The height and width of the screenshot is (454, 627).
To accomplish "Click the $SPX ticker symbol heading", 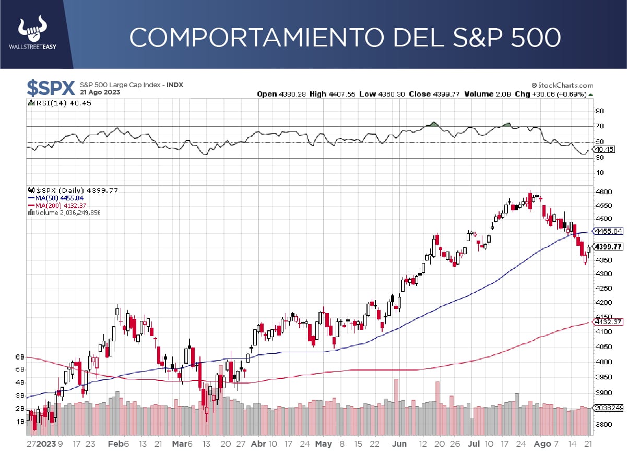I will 51,87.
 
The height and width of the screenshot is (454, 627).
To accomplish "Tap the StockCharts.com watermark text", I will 563,85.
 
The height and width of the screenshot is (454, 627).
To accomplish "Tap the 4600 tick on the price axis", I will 603,192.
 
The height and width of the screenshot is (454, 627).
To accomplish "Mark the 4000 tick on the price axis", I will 603,362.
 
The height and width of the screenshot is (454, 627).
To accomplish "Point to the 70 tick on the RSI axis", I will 600,126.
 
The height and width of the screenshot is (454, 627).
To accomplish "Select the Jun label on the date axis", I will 399,444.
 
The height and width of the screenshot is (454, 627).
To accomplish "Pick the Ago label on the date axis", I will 542,444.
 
